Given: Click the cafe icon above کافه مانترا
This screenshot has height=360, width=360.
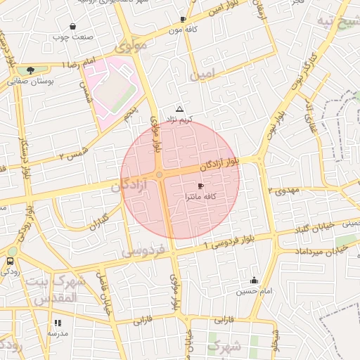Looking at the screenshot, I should click(x=201, y=186).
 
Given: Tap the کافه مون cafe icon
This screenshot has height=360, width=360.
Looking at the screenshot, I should click(x=183, y=20).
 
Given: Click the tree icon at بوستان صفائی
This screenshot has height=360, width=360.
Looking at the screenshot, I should click(x=30, y=70).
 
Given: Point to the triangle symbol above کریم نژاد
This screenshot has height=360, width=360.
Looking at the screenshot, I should click(x=180, y=109).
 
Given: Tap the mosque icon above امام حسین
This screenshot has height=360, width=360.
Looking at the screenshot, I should click(x=254, y=281).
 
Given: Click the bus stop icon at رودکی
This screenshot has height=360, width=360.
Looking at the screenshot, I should click(x=9, y=261).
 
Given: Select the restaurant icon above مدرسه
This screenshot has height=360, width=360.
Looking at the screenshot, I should click(x=58, y=323).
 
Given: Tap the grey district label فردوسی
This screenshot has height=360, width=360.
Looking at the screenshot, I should click(x=143, y=250).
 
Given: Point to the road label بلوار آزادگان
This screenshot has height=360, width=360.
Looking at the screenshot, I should click(x=219, y=163).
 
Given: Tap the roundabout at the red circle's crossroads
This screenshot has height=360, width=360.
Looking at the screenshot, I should click(x=160, y=174).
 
